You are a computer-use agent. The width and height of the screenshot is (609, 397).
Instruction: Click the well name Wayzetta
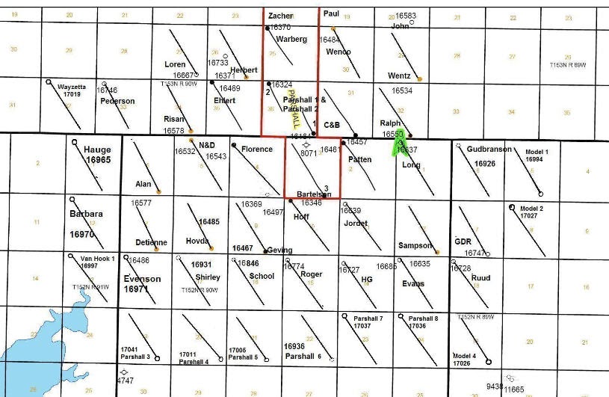point(72,87)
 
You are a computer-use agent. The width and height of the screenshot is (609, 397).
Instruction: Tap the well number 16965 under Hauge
point(98,160)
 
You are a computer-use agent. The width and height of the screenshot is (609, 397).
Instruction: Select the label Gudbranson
point(489,150)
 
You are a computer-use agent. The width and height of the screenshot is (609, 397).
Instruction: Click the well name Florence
point(257,149)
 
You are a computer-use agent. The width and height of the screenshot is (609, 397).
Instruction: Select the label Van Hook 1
point(97,258)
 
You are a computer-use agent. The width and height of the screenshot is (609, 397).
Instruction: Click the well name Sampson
point(415,246)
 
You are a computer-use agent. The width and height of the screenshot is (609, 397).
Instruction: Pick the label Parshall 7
point(368,318)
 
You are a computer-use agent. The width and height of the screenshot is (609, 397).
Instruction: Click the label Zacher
point(280,16)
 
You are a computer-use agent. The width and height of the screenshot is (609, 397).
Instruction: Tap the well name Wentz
point(399,76)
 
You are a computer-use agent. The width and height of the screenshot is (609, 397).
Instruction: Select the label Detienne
point(152,242)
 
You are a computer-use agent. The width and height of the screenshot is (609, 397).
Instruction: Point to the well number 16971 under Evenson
point(142,289)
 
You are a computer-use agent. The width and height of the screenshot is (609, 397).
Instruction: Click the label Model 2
point(532,208)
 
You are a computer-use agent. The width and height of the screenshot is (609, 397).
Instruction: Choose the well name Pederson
point(117,101)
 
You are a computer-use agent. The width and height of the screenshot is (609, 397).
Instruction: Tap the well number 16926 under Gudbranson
point(485,163)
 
